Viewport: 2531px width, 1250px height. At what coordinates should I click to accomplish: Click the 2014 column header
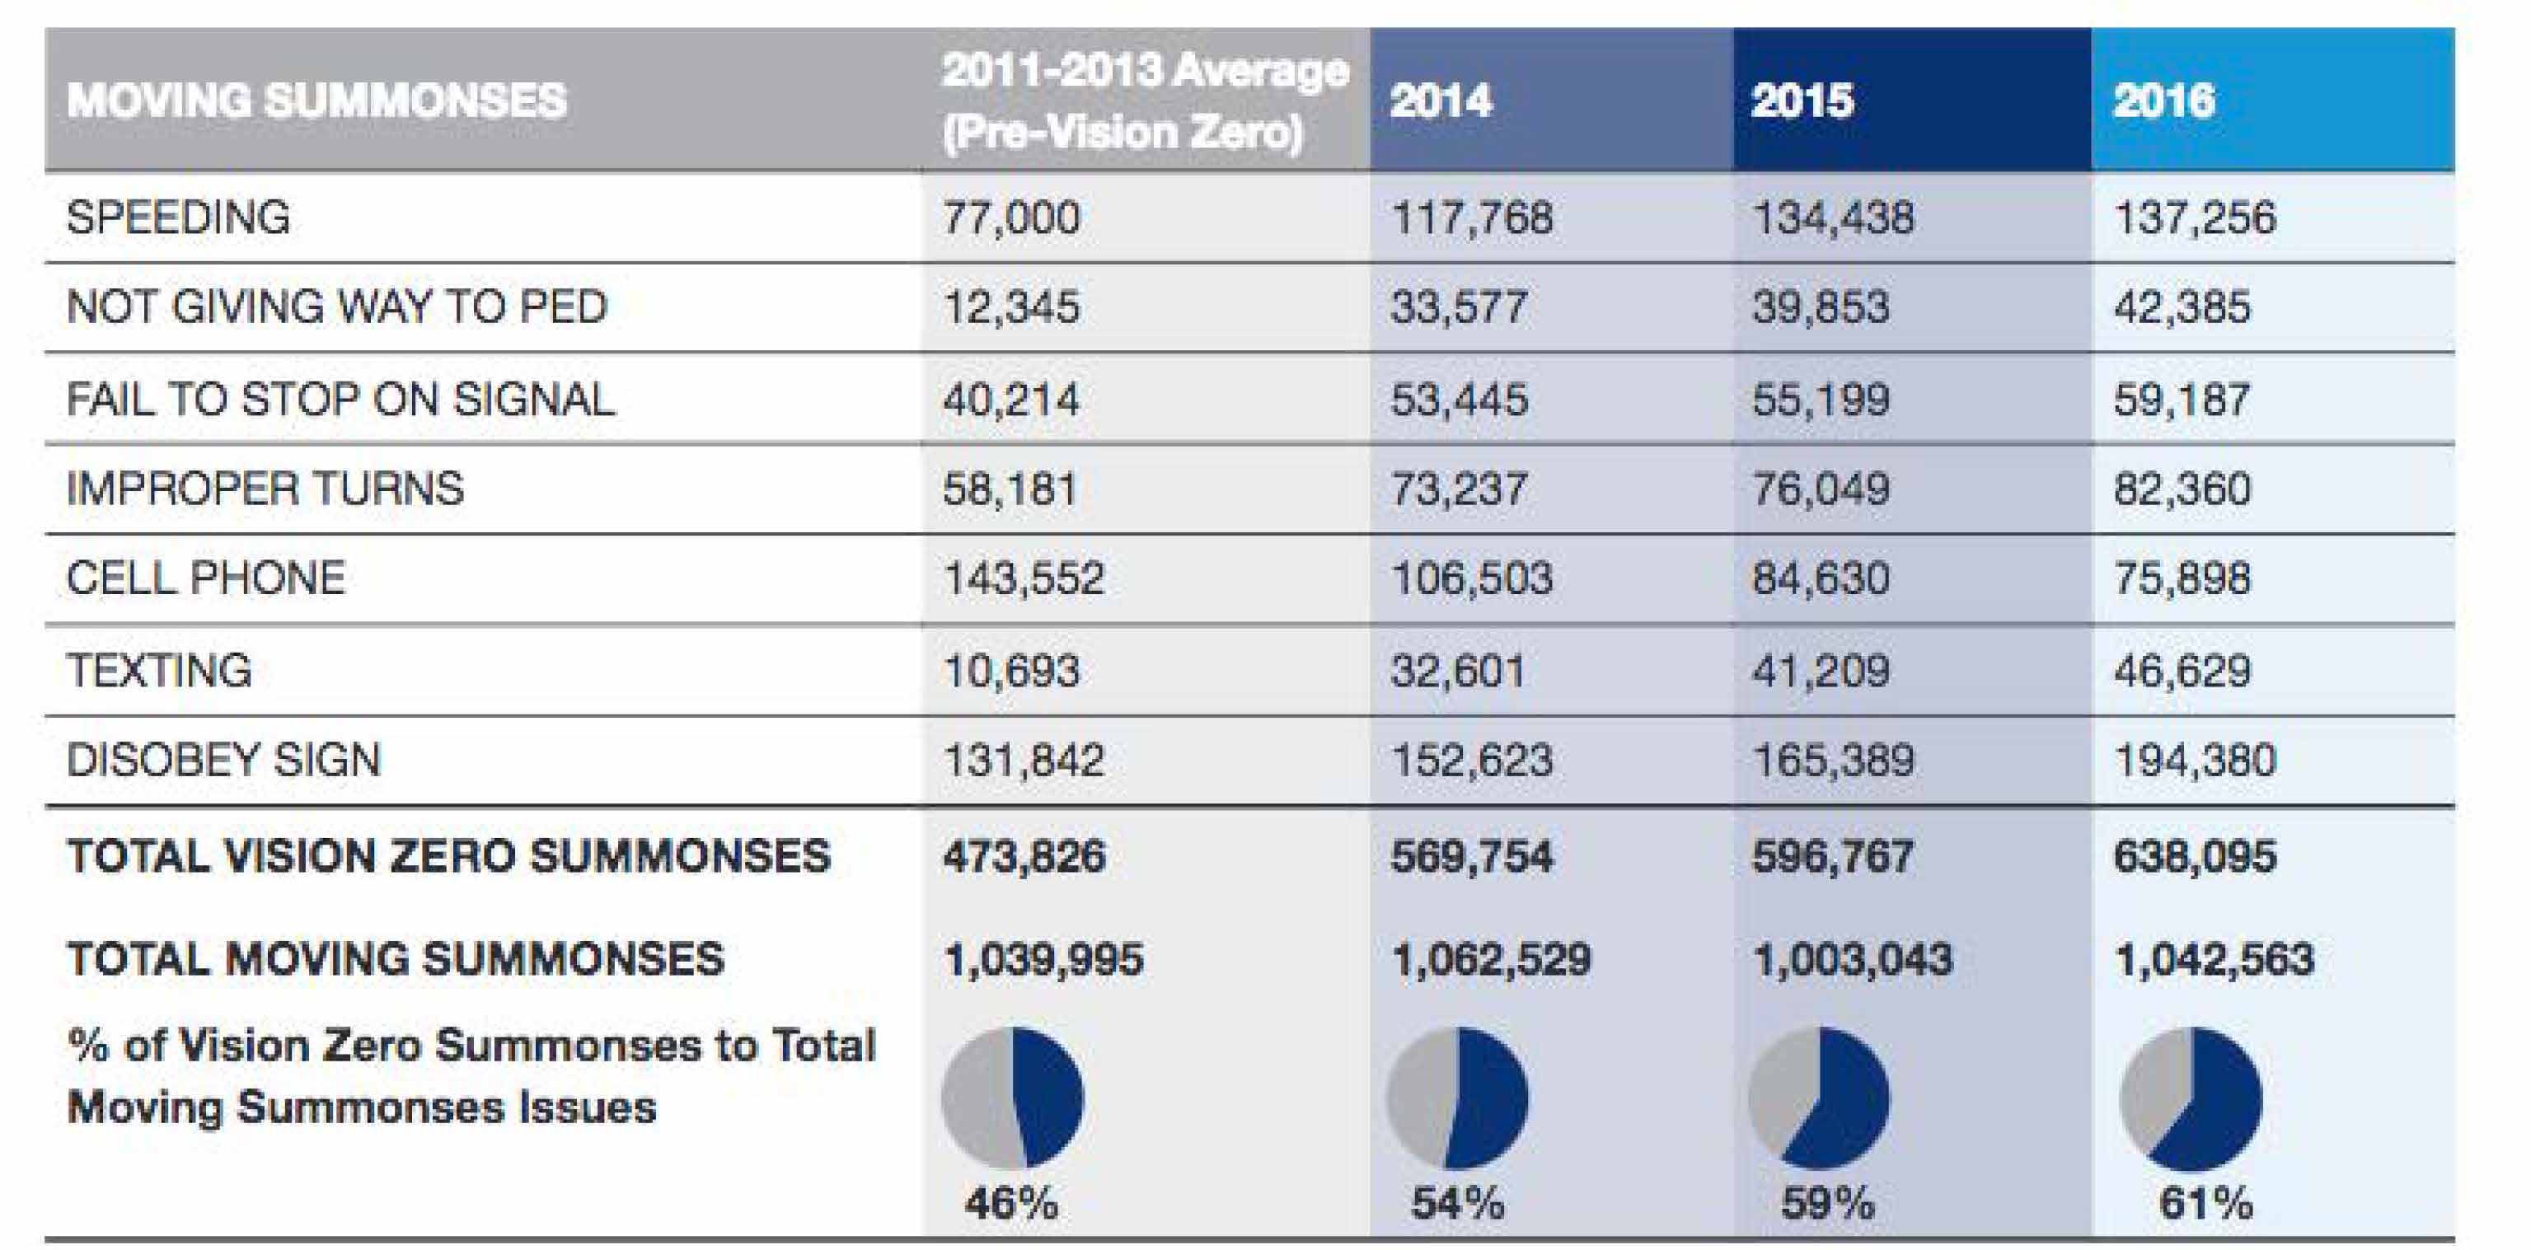pyautogui.click(x=1441, y=101)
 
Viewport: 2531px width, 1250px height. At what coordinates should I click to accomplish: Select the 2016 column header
pyautogui.click(x=2163, y=101)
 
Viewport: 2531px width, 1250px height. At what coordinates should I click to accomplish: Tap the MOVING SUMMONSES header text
pyautogui.click(x=316, y=101)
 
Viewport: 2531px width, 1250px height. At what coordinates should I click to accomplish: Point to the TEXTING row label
pyautogui.click(x=159, y=670)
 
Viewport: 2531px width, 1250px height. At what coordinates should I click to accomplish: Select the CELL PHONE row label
pyautogui.click(x=205, y=578)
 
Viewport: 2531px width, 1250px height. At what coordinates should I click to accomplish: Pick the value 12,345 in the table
pyautogui.click(x=1011, y=307)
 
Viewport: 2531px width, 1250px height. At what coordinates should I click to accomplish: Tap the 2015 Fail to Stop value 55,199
pyautogui.click(x=1821, y=399)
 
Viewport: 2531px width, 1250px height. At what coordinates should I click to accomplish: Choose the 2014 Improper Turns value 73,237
pyautogui.click(x=1459, y=489)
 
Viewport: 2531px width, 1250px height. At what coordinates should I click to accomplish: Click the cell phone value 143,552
pyautogui.click(x=1024, y=578)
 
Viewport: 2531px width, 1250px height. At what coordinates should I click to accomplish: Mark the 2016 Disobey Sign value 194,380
pyautogui.click(x=2194, y=760)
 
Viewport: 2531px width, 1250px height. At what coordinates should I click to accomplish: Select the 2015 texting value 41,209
pyautogui.click(x=1821, y=670)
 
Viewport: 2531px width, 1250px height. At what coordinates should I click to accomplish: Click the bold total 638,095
pyautogui.click(x=2194, y=856)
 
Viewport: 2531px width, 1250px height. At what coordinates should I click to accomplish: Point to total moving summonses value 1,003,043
pyautogui.click(x=1852, y=959)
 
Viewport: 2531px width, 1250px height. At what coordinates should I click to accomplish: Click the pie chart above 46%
pyautogui.click(x=1012, y=1097)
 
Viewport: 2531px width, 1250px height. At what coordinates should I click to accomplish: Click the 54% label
pyautogui.click(x=1457, y=1203)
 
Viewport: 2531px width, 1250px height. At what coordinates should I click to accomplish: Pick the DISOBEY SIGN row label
pyautogui.click(x=223, y=760)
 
